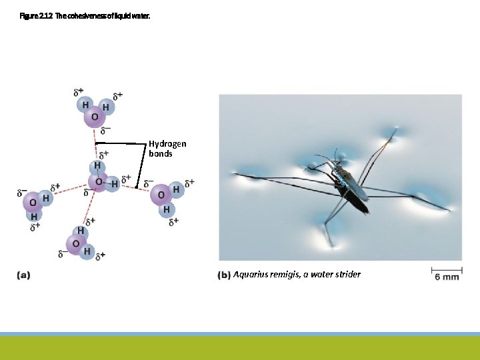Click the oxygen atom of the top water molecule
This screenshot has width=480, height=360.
tap(94, 117)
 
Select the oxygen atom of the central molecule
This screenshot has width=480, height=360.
tap(99, 181)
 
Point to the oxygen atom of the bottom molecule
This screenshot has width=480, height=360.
tap(76, 243)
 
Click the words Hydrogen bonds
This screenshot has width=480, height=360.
tap(167, 148)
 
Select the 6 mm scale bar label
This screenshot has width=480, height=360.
tap(447, 277)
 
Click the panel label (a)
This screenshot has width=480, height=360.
tap(24, 273)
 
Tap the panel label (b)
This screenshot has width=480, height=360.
tap(224, 274)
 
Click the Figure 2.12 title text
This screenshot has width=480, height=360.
tap(85, 13)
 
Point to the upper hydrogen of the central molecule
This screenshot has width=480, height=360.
tap(98, 165)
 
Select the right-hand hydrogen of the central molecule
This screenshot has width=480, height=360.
tap(114, 182)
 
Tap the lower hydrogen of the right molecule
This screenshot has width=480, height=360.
tap(166, 209)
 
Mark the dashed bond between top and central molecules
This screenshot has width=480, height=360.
tap(94, 143)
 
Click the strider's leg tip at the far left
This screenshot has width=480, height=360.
tap(235, 175)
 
